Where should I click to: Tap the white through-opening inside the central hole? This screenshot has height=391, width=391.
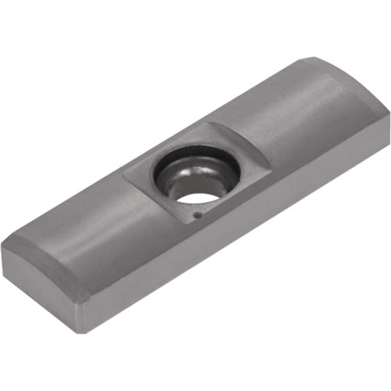point(198,196)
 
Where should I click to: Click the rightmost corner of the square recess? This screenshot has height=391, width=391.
point(270,166)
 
